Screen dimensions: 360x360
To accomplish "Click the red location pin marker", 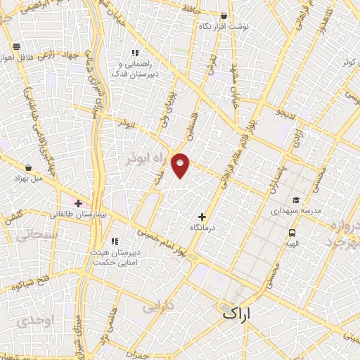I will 181,165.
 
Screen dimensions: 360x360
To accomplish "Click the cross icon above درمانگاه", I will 202,217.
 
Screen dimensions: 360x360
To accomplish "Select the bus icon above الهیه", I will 291,233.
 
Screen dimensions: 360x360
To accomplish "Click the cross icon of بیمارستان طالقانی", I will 78,202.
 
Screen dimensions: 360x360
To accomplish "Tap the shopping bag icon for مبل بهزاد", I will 27,168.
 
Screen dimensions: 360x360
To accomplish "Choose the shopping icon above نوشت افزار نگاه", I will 224,15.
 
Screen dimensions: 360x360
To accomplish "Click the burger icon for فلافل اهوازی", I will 15,46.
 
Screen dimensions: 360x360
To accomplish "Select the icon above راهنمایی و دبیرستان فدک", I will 135,52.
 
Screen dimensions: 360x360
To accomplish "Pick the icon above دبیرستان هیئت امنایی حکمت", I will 114,242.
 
